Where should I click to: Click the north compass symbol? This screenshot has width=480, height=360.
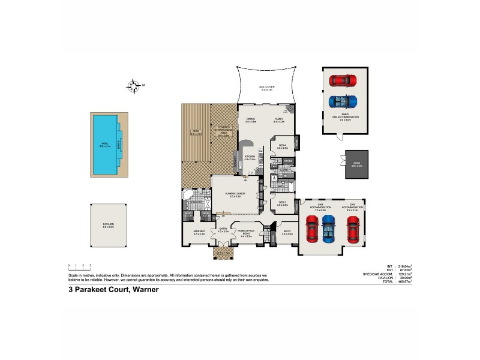coord(135,86)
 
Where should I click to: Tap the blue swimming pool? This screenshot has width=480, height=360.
coord(105,144)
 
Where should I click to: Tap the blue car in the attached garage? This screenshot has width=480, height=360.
coord(328,227)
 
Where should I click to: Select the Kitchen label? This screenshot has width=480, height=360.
coord(250,158)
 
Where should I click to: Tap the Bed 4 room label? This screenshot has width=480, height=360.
coord(283,146)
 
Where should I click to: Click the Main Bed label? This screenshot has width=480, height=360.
coord(199,232)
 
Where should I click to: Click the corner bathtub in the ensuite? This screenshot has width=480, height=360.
coord(188,196)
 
